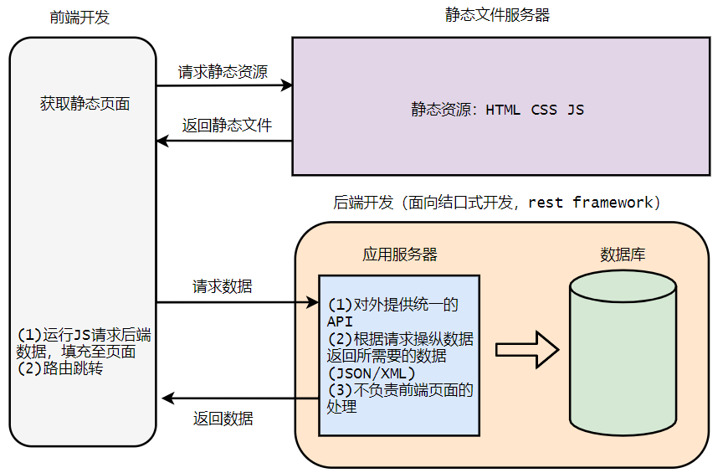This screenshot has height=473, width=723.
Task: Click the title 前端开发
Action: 79,18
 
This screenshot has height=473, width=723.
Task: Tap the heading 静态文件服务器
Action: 498,15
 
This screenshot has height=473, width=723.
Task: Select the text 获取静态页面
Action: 85,104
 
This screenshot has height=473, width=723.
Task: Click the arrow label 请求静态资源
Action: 223,72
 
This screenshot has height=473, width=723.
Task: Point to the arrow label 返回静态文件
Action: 227,126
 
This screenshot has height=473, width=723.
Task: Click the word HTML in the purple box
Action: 503,110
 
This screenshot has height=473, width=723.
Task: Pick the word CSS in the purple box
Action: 544,110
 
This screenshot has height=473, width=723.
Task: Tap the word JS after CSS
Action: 576,110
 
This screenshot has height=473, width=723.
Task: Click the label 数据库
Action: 623,254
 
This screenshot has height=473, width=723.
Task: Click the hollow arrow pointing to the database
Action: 526,349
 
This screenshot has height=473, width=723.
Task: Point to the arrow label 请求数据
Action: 223,286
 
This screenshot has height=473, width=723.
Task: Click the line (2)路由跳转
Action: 60,368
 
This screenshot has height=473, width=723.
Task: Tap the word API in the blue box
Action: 340,321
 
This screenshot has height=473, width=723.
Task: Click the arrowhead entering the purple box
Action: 286,85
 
